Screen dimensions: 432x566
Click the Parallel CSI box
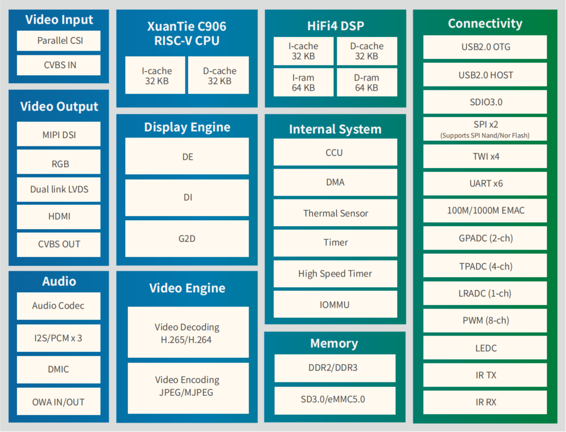click(58, 41)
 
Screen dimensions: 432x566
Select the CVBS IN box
click(58, 65)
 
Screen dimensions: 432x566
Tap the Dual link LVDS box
click(58, 189)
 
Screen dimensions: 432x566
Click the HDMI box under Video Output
click(58, 217)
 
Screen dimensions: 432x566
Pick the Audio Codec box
click(58, 306)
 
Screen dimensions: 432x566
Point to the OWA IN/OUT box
click(58, 402)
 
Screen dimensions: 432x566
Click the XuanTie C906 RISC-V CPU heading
click(187, 33)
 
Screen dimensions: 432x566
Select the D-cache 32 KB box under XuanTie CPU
click(219, 76)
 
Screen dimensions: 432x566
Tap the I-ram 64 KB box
click(304, 83)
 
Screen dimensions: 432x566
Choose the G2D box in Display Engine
click(187, 239)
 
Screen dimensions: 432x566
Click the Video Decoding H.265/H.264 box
click(188, 333)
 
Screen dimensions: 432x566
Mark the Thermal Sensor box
click(335, 213)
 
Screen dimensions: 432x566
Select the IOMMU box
click(335, 305)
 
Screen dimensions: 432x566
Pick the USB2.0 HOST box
click(485, 75)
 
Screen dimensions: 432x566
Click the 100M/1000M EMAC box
click(485, 210)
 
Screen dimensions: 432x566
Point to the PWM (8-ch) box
click(485, 320)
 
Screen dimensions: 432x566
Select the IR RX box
click(485, 402)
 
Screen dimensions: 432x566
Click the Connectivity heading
click(485, 23)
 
